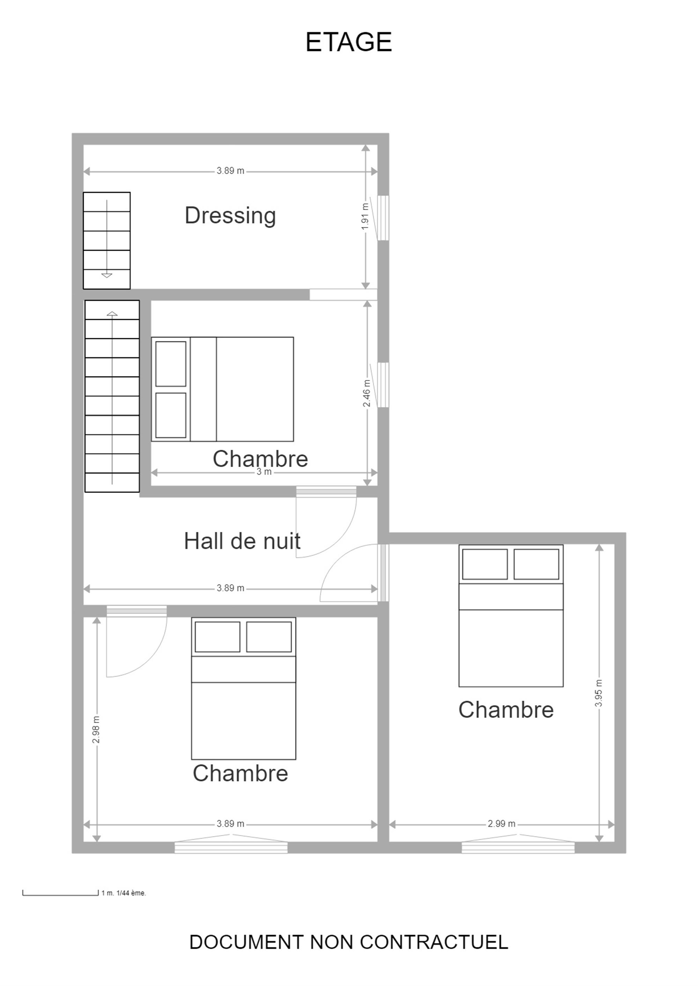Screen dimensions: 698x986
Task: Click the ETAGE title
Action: pyautogui.click(x=349, y=42)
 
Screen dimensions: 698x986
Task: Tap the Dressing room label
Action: pyautogui.click(x=230, y=216)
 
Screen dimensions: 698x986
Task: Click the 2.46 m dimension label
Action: pyautogui.click(x=366, y=393)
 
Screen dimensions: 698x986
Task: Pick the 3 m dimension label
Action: pyautogui.click(x=264, y=472)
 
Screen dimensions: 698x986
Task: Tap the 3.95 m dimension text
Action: pyautogui.click(x=599, y=693)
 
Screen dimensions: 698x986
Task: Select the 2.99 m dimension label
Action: pyautogui.click(x=501, y=824)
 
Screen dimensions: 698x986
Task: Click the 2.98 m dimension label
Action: pyautogui.click(x=96, y=730)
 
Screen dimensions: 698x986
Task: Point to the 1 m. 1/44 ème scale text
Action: pyautogui.click(x=124, y=893)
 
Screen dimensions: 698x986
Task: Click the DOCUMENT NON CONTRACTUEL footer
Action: pyautogui.click(x=349, y=942)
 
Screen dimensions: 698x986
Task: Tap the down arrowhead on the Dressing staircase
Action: pyautogui.click(x=106, y=275)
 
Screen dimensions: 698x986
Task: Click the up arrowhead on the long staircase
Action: pyautogui.click(x=112, y=314)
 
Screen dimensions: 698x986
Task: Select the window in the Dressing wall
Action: pyautogui.click(x=383, y=218)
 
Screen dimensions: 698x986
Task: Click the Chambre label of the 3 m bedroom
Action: pyautogui.click(x=260, y=459)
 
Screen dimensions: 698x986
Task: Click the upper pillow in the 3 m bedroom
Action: pyautogui.click(x=171, y=364)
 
